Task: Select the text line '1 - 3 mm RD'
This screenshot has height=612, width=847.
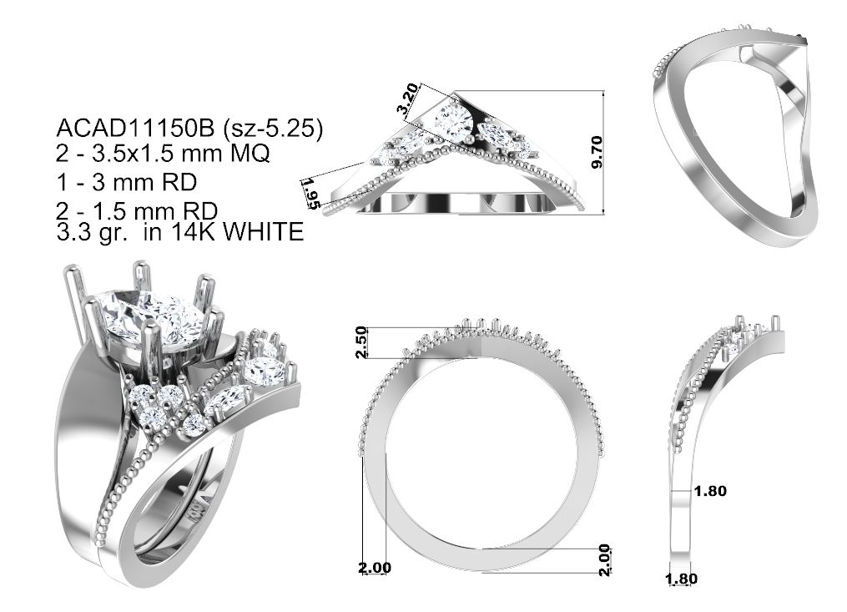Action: (x=126, y=182)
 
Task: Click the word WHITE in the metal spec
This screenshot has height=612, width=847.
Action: (x=263, y=232)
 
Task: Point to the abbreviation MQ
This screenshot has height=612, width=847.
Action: (x=250, y=154)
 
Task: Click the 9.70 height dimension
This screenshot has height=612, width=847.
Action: (x=597, y=152)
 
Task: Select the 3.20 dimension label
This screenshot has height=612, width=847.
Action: (x=407, y=98)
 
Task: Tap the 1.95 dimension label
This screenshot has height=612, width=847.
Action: (x=310, y=193)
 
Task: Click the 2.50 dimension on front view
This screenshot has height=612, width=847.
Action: (x=361, y=341)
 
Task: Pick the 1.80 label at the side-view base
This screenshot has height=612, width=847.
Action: (x=681, y=579)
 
